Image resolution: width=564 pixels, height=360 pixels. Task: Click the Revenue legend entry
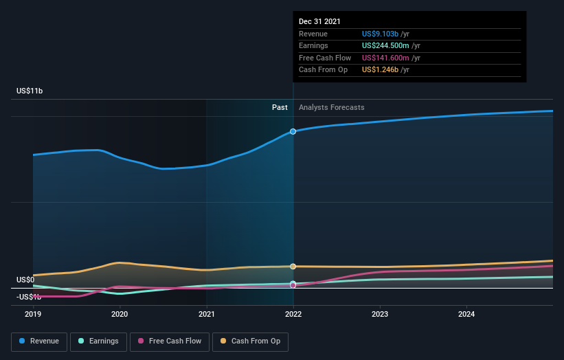[39, 341]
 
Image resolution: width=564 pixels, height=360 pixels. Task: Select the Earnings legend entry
[98, 341]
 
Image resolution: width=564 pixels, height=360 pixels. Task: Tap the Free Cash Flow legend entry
[170, 341]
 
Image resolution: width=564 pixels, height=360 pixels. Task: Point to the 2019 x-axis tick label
[33, 315]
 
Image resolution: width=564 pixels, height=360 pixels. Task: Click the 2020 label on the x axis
[120, 315]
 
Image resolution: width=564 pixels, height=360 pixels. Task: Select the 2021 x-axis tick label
[207, 315]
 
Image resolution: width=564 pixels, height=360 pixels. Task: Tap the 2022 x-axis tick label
[293, 315]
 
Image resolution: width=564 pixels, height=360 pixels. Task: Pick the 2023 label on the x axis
[380, 315]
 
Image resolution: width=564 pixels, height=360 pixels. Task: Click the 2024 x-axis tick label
[466, 315]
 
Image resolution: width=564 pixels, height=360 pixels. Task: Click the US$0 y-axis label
[25, 280]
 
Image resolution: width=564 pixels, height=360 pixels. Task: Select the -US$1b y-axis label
[30, 297]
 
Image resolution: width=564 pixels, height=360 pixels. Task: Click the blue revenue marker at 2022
[293, 131]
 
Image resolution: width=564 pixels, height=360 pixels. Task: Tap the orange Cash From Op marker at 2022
[293, 267]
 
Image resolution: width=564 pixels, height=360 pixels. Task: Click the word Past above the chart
[280, 107]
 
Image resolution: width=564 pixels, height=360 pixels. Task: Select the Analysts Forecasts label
[331, 107]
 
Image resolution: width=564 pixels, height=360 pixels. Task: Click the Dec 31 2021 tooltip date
[319, 22]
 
